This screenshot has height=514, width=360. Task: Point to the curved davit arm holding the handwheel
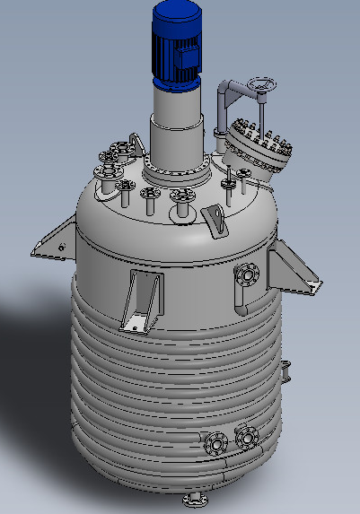232,90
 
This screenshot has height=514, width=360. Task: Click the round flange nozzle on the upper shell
245,274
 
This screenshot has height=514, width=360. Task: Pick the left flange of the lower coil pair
216,442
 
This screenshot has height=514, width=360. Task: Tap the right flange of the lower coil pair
245,437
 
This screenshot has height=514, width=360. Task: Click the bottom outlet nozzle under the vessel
195,499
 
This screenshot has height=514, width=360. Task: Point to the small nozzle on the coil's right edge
286,370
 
